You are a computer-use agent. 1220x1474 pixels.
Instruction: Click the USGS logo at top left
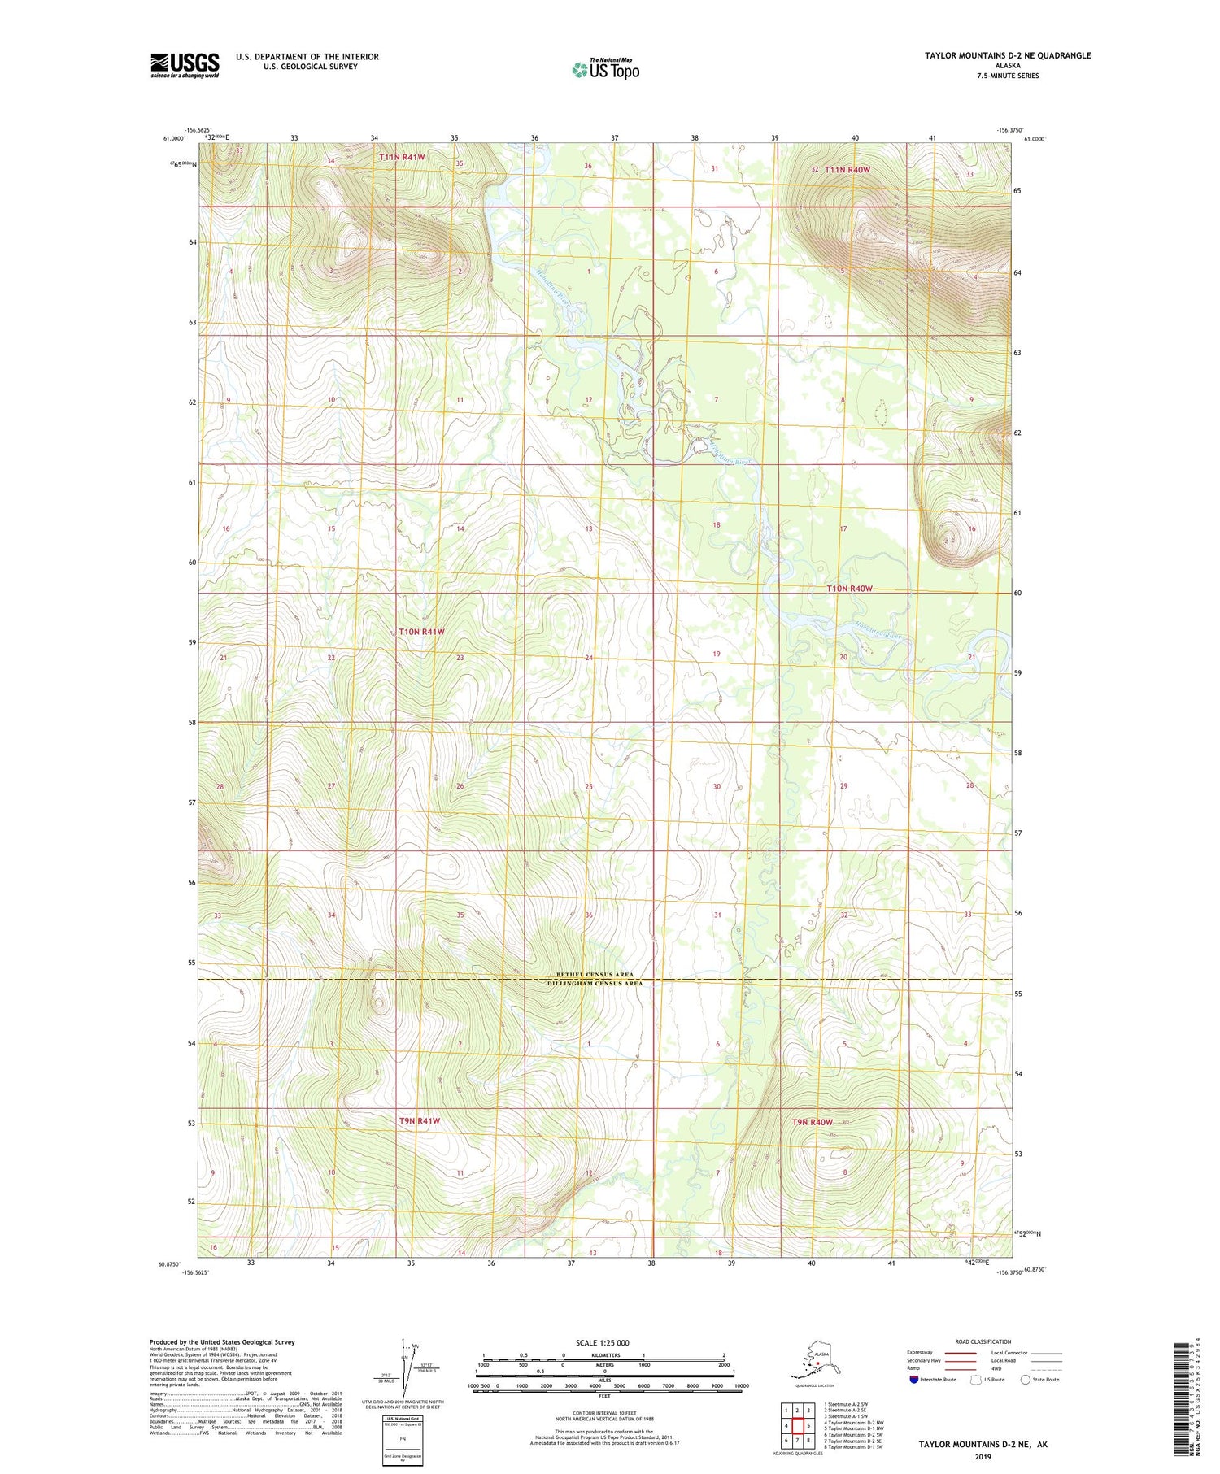tap(185, 65)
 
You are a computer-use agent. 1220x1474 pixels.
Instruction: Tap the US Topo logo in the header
tap(606, 69)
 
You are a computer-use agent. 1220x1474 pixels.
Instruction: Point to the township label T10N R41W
tap(421, 632)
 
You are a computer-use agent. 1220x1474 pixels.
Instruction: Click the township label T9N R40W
tap(813, 1122)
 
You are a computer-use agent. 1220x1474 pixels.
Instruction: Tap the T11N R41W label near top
tap(402, 156)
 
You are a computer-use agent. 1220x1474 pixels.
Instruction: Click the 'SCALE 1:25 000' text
tap(601, 1343)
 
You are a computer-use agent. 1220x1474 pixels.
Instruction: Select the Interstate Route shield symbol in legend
tap(913, 1380)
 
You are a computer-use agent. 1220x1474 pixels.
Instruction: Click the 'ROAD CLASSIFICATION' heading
tap(983, 1342)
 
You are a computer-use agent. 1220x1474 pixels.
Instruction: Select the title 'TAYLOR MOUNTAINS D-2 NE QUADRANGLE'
tap(1007, 55)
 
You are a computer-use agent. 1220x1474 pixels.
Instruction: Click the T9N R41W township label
tap(420, 1121)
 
